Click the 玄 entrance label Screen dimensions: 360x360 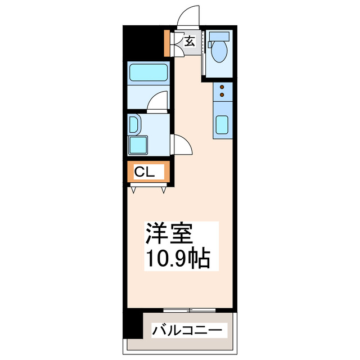pyautogui.click(x=190, y=40)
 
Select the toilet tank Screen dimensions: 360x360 pyautogui.click(x=218, y=38)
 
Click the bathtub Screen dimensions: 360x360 pyautogui.click(x=148, y=73)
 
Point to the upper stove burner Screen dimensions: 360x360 pyautogui.click(x=222, y=87)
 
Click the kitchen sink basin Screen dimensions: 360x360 pyautogui.click(x=222, y=125)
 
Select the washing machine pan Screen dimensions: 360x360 pyautogui.click(x=138, y=145)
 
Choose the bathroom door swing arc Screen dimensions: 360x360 pyautogui.click(x=159, y=101)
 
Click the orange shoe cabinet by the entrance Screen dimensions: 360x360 pyautogui.click(x=167, y=43)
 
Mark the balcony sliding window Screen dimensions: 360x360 pyautogui.click(x=190, y=309)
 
